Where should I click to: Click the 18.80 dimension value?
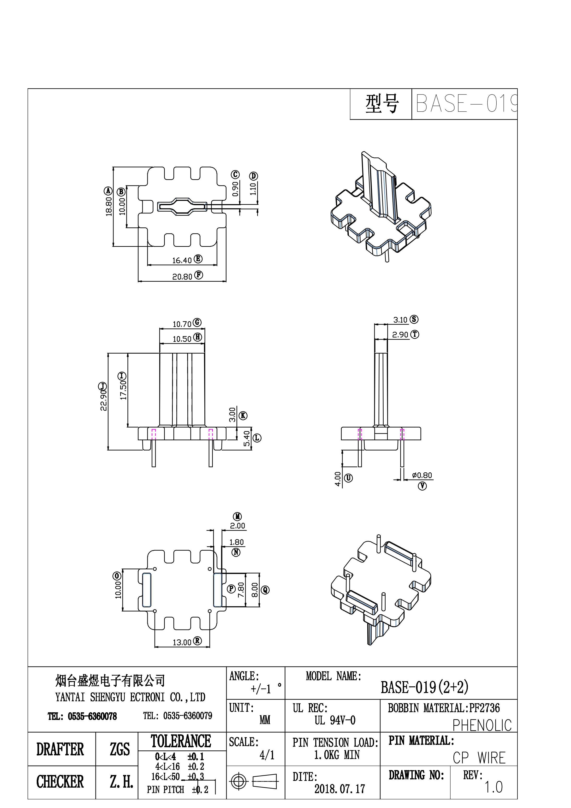[x=109, y=206]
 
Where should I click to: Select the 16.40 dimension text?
[x=182, y=261]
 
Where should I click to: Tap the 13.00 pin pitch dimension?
[x=182, y=642]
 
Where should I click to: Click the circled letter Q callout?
[x=265, y=590]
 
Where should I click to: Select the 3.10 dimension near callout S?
[x=400, y=320]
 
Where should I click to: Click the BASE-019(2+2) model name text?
[x=424, y=687]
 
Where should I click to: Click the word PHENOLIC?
[x=482, y=725]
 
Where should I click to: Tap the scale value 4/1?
[x=267, y=755]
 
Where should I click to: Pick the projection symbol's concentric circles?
[x=239, y=782]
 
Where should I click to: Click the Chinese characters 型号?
[x=382, y=104]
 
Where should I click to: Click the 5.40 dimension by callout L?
[x=247, y=439]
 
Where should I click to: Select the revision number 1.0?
[x=493, y=787]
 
